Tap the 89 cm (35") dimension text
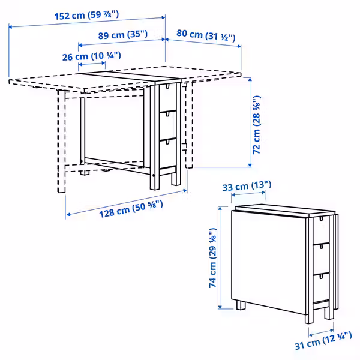[x=122, y=35]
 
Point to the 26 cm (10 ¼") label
[x=91, y=56]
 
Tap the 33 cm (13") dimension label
[x=247, y=187]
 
